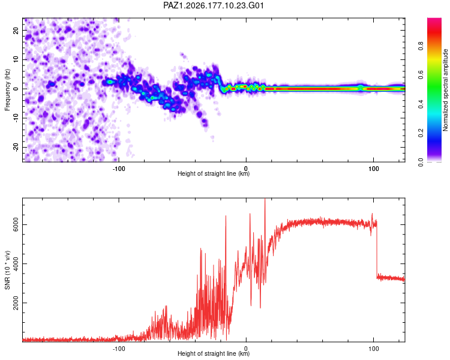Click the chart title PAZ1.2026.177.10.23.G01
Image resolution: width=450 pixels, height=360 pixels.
(213, 5)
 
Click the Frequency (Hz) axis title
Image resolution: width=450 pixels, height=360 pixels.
(7, 90)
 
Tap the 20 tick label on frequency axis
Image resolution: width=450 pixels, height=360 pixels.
(16, 31)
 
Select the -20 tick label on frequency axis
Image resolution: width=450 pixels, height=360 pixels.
(16, 147)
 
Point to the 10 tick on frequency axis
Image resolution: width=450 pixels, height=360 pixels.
(16, 60)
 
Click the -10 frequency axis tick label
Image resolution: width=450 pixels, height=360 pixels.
(16, 118)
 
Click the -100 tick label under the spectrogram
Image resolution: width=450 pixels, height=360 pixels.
(119, 169)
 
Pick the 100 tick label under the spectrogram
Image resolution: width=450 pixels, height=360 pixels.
(373, 169)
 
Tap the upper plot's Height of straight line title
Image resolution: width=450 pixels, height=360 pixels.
(214, 173)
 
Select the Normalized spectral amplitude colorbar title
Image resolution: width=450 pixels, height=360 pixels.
(445, 90)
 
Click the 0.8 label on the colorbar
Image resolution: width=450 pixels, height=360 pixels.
(421, 46)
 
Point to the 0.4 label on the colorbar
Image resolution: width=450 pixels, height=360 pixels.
(421, 104)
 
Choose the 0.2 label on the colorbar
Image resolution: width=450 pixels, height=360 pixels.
(421, 133)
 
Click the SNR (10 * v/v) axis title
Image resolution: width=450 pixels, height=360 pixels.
(7, 270)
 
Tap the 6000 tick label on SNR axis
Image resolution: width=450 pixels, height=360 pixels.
(16, 224)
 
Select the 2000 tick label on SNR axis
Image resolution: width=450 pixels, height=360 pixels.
(16, 303)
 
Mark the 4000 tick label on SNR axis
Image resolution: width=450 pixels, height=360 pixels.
(16, 264)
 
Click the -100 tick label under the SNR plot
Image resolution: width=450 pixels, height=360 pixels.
(119, 349)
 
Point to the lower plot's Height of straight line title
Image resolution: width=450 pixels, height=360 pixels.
(214, 353)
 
